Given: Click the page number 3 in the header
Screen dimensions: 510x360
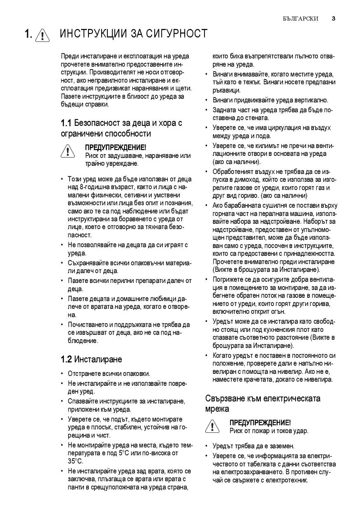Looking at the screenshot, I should point(333,19).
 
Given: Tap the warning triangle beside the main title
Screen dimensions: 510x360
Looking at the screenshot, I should point(42,35).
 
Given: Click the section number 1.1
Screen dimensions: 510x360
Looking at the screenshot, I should point(66,123).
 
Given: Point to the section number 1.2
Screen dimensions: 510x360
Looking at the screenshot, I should point(66,359).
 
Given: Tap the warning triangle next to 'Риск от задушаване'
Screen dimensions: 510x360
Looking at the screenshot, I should point(67,151).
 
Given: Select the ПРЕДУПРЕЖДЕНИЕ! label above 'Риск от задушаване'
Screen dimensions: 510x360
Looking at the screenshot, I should point(115,147).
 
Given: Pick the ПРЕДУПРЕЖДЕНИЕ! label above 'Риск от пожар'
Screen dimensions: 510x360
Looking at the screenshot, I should point(260,423).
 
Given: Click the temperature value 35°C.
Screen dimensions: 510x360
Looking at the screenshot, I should point(75,461).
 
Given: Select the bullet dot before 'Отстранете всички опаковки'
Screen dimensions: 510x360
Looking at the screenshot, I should point(62,374).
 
